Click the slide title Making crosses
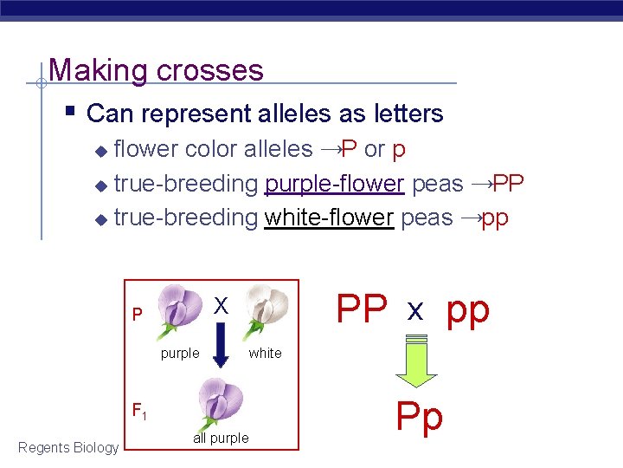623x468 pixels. click(157, 69)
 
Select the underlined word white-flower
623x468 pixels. click(330, 218)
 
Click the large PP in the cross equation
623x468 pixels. click(362, 309)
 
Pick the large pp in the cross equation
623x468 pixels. click(468, 309)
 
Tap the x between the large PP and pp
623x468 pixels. click(415, 311)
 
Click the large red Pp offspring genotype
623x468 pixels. click(420, 417)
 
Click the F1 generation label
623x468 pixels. click(138, 410)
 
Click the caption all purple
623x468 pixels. click(221, 439)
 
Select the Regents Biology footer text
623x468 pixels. click(68, 447)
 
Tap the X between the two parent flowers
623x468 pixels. click(221, 305)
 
